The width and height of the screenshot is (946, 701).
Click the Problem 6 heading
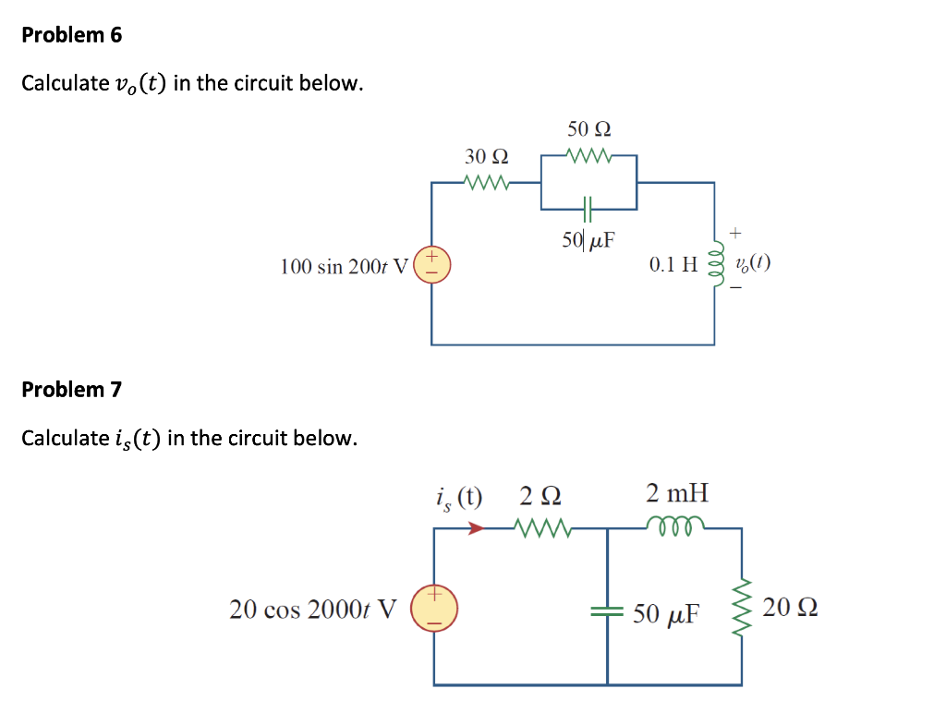pyautogui.click(x=71, y=35)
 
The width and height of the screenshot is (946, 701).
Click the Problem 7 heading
pyautogui.click(x=71, y=389)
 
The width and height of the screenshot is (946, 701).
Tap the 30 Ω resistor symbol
pyautogui.click(x=487, y=182)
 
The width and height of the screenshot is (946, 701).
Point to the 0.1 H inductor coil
pyautogui.click(x=713, y=265)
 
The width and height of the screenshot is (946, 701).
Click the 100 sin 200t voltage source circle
pyautogui.click(x=432, y=264)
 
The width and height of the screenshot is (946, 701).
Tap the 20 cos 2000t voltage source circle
pyautogui.click(x=432, y=609)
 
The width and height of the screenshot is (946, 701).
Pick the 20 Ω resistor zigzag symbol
pyautogui.click(x=744, y=608)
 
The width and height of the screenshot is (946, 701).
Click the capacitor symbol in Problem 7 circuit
pyautogui.click(x=607, y=610)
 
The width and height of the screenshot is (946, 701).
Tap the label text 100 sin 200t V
pyautogui.click(x=343, y=267)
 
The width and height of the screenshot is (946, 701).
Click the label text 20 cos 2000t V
pyautogui.click(x=313, y=610)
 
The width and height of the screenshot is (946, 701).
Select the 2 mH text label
pyautogui.click(x=677, y=492)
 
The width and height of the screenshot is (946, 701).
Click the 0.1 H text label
pyautogui.click(x=673, y=266)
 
